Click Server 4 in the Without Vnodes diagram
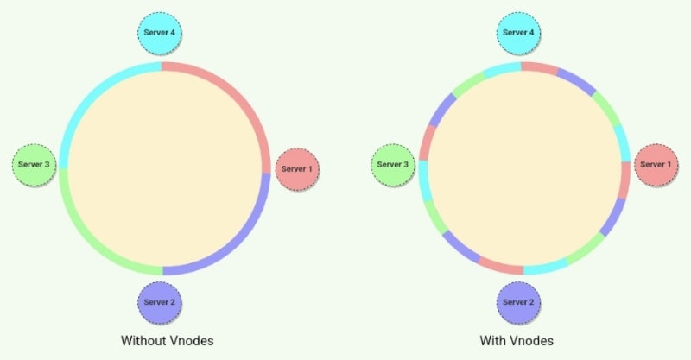click(160, 33)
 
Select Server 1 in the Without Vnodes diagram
click(298, 168)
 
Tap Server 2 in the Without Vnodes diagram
click(160, 302)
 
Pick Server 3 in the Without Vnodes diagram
click(35, 164)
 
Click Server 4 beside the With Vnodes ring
click(518, 33)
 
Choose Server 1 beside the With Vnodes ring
click(656, 164)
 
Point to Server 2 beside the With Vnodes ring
click(518, 302)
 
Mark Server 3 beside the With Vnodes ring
click(394, 164)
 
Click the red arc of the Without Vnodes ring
click(233, 95)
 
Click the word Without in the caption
click(145, 340)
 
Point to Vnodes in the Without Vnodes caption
click(192, 340)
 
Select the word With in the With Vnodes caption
click(493, 340)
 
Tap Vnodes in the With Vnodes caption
click(534, 340)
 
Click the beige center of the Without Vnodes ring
click(164, 168)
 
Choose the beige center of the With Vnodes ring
click(524, 168)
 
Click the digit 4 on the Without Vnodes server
click(175, 33)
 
